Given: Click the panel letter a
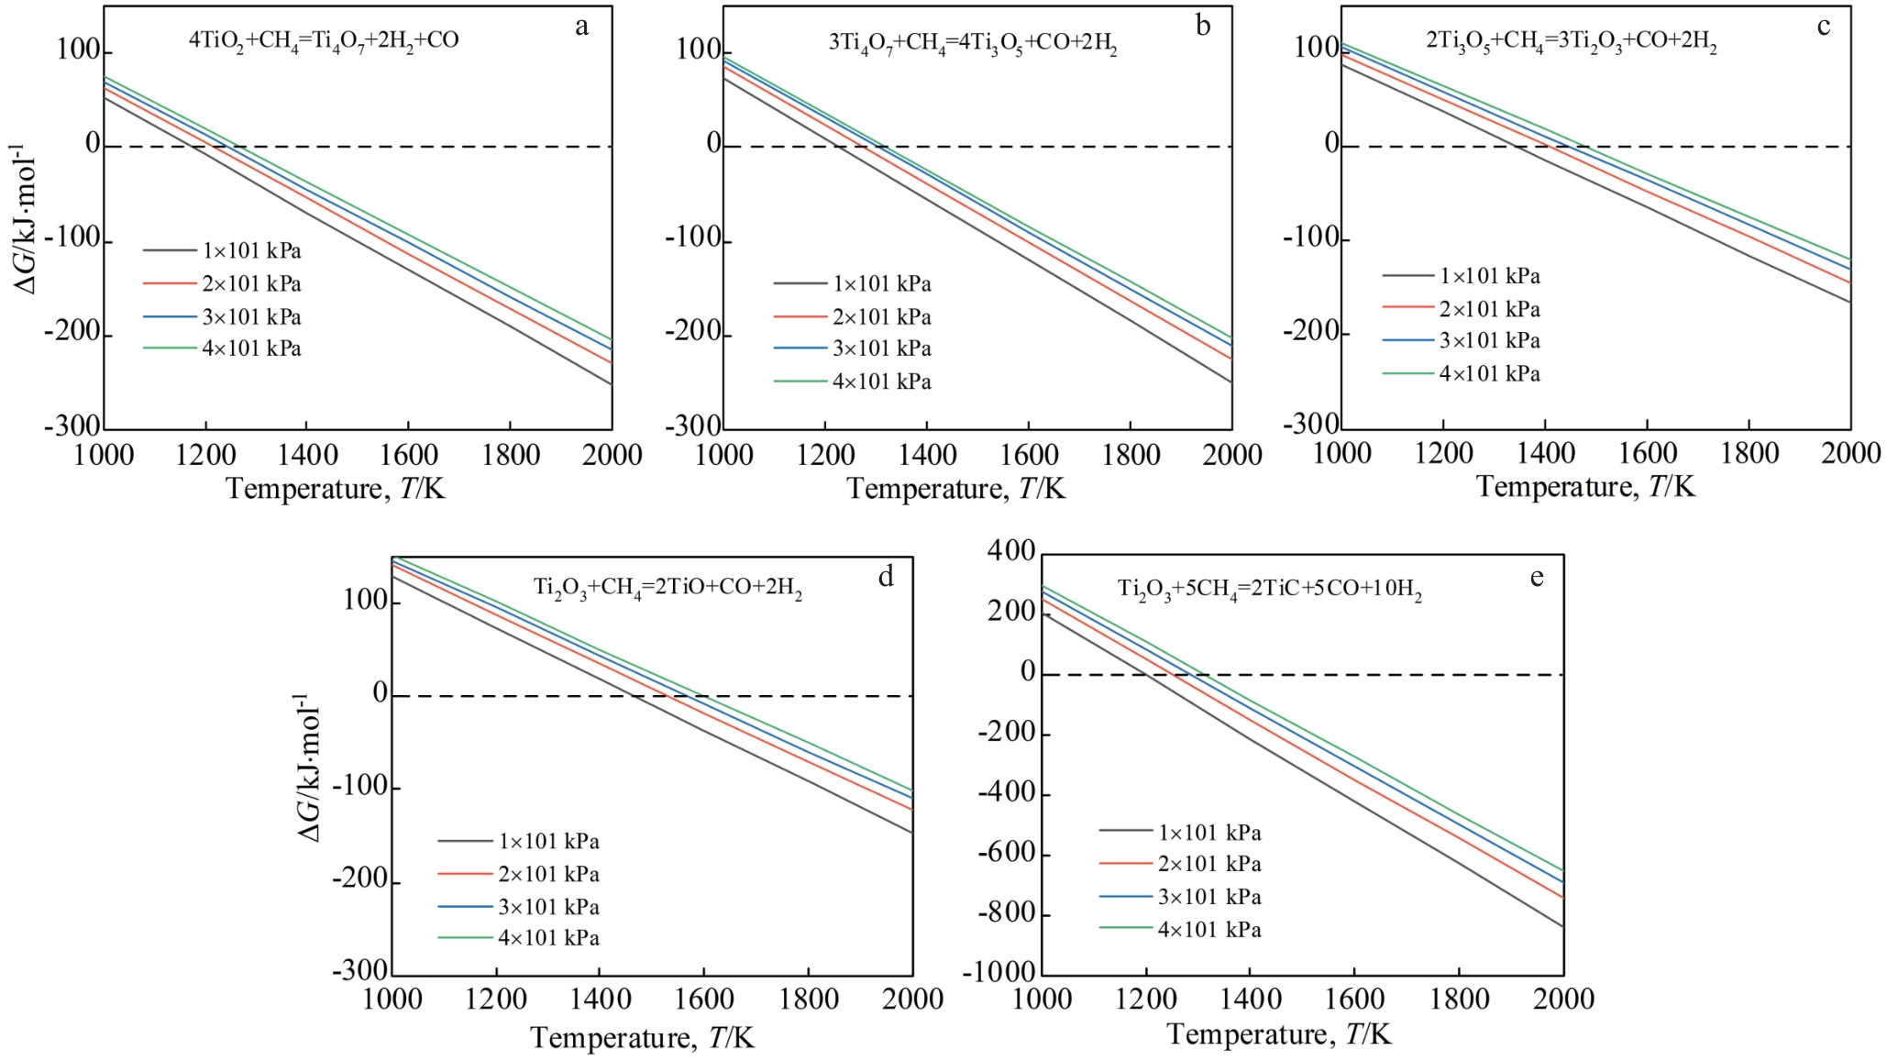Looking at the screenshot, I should coord(581,27).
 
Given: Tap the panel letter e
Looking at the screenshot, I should coord(1537,577).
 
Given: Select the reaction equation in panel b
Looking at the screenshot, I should coord(973,44).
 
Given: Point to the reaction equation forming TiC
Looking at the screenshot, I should coord(1269,590).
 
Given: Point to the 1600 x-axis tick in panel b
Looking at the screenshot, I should coord(1029,455).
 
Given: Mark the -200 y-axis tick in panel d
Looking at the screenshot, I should coord(360,879).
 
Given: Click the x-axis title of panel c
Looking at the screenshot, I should coord(1585,486).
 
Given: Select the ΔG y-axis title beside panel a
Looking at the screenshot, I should coord(25,220).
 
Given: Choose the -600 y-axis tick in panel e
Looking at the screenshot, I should coord(1006,853).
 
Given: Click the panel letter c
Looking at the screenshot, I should coord(1824,27).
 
